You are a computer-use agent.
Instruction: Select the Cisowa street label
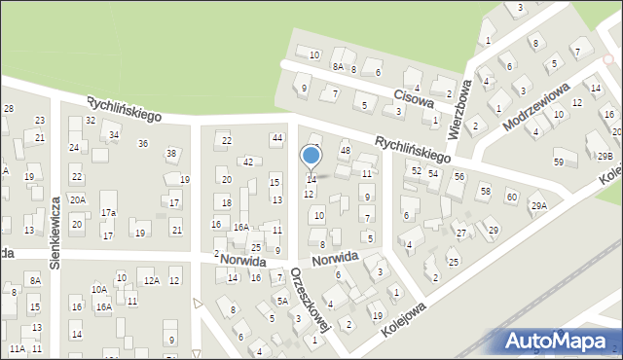click(x=413, y=98)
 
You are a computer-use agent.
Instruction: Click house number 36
click(x=143, y=144)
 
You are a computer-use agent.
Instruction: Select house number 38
click(x=171, y=154)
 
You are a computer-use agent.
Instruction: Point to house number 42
click(x=248, y=162)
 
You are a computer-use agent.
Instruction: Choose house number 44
click(x=277, y=139)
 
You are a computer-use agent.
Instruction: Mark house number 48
click(x=346, y=150)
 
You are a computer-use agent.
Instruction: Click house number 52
click(x=416, y=170)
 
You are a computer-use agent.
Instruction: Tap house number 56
click(x=458, y=176)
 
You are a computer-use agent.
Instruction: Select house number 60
click(x=511, y=198)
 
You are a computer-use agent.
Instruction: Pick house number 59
click(x=559, y=162)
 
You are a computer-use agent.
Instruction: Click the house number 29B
click(x=605, y=157)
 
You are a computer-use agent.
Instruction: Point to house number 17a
click(x=108, y=212)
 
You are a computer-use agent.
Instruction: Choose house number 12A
click(x=151, y=280)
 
